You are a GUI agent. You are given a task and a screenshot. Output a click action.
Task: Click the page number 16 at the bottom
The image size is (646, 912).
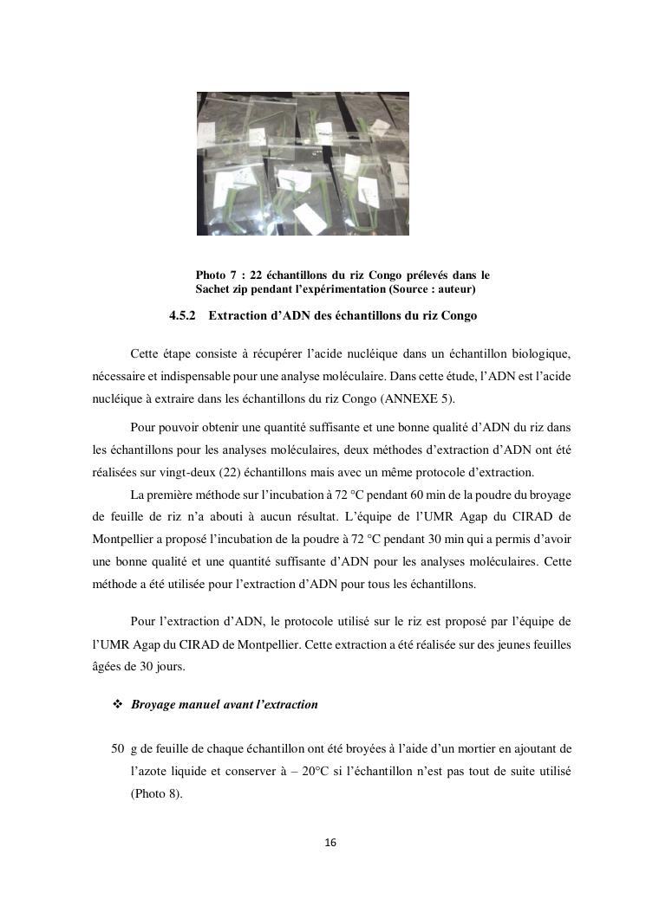point(330,843)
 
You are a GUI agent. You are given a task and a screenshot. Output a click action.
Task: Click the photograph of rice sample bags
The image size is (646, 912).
point(303,164)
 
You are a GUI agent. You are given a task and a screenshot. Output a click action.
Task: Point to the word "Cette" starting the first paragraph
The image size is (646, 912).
point(146,355)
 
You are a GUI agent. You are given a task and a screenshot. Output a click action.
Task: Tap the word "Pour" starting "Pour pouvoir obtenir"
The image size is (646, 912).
point(142,428)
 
